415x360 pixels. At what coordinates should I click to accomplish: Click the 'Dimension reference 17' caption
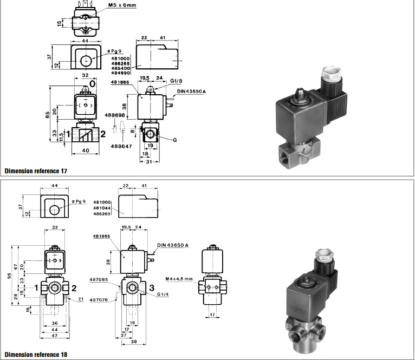tap(36, 171)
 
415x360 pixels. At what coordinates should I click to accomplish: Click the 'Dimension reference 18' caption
tap(36, 355)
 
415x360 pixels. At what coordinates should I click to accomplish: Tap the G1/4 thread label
tap(164, 294)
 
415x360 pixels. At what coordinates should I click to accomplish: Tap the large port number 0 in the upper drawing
tap(92, 84)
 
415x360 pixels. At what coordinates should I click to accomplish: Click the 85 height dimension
tap(48, 115)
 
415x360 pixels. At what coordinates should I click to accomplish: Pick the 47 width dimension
tap(54, 336)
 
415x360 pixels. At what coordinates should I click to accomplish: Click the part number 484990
tap(121, 73)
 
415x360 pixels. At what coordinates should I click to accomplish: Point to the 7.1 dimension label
tap(81, 299)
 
